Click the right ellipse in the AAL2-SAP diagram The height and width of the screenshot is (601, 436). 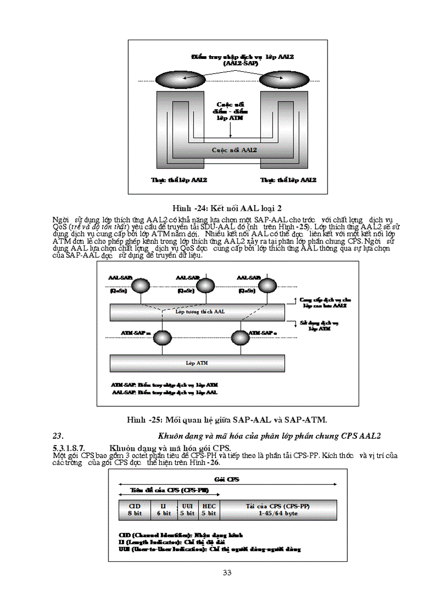pyautogui.click(x=287, y=81)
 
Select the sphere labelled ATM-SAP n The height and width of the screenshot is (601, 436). pyautogui.click(x=239, y=339)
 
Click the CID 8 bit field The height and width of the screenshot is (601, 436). pyautogui.click(x=135, y=509)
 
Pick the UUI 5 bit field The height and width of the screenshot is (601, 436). pyautogui.click(x=187, y=509)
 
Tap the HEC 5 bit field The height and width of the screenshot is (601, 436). pyautogui.click(x=208, y=509)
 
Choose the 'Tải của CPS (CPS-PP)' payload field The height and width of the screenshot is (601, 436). pyautogui.click(x=278, y=509)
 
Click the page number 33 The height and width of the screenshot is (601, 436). pyautogui.click(x=227, y=573)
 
